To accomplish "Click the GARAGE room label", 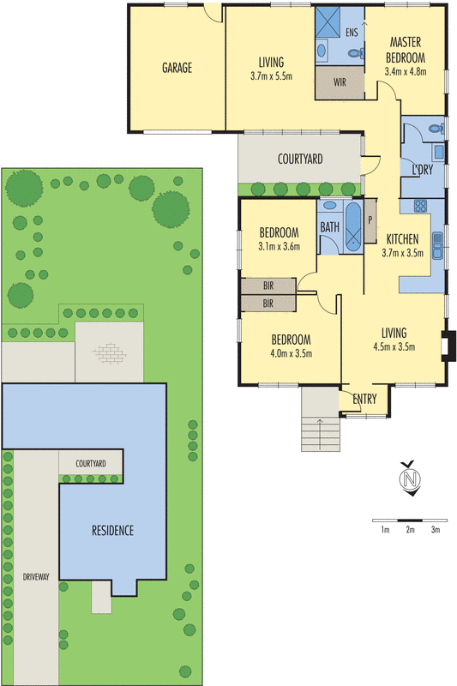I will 177,68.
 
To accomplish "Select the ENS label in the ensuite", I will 352,32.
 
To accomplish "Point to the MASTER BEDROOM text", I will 405,49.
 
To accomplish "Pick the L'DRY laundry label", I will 421,168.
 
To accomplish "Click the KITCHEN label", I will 401,239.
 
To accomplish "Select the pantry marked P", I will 370,218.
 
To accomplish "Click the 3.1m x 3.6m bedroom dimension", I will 280,247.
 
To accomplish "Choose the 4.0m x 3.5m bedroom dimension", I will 291,352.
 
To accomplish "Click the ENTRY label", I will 364,398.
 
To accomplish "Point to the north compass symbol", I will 411,478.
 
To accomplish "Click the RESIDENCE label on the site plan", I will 112,530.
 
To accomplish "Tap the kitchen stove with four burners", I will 421,206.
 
